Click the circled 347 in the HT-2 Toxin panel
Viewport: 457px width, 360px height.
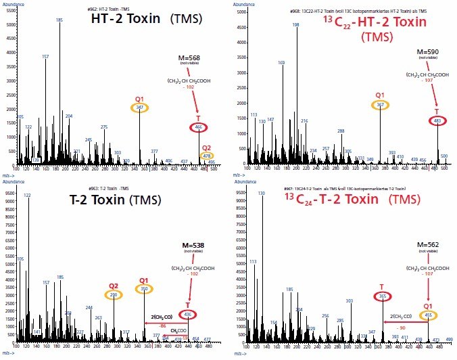pos(140,107)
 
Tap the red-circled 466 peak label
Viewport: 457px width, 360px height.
pos(198,127)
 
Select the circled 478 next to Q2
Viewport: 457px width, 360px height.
pos(207,156)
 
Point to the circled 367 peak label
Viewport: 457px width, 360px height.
pos(380,106)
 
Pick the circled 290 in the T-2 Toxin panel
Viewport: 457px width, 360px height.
pos(113,296)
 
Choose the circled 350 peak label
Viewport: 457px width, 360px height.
pos(143,290)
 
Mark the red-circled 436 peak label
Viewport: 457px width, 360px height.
pos(188,315)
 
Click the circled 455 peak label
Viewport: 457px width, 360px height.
pos(428,315)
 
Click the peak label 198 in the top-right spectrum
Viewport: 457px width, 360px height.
pos(295,24)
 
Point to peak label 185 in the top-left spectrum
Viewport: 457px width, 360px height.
pos(59,20)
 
